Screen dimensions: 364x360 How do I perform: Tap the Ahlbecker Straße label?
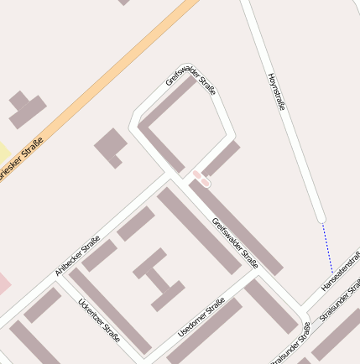[x=78, y=255]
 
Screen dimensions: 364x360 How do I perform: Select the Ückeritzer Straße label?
[x=99, y=320]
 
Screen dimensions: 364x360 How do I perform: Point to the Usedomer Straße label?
[x=202, y=319]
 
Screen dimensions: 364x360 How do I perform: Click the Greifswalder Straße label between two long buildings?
[x=234, y=242]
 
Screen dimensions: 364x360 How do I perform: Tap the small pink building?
[x=201, y=178]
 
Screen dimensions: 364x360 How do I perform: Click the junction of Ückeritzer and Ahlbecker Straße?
[x=57, y=281]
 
